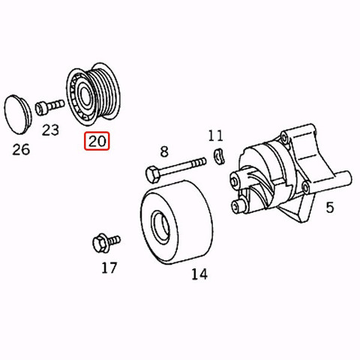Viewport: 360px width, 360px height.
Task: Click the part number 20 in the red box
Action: (97, 141)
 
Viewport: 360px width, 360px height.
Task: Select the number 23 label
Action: (50, 130)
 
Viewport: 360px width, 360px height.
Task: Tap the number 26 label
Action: (21, 149)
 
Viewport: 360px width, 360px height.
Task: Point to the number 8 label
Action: (164, 151)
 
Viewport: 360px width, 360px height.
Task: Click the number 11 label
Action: (215, 136)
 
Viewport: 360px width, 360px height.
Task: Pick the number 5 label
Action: (330, 207)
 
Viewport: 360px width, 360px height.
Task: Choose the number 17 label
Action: (109, 268)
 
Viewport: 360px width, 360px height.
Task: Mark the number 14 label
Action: (199, 274)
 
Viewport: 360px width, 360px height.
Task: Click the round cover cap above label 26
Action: (18, 114)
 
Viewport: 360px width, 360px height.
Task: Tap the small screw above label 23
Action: (49, 107)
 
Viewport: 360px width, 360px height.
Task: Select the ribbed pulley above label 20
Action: (93, 94)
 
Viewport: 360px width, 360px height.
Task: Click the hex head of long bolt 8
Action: (152, 174)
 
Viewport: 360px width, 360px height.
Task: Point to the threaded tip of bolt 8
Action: (199, 162)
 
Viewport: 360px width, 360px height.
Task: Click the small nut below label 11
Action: (219, 157)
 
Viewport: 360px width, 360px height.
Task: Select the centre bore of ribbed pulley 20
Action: (85, 95)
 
